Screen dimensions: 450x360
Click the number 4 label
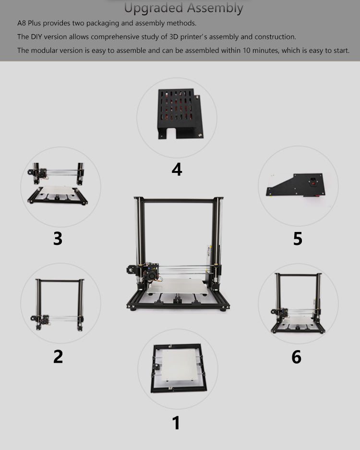pyautogui.click(x=177, y=169)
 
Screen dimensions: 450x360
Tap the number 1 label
pyautogui.click(x=176, y=423)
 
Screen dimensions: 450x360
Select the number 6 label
pyautogui.click(x=296, y=357)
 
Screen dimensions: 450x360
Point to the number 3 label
pyautogui.click(x=58, y=238)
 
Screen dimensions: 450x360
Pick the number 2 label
pyautogui.click(x=58, y=356)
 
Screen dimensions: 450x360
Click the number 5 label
pyautogui.click(x=298, y=238)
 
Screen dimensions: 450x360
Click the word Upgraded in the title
pyautogui.click(x=154, y=8)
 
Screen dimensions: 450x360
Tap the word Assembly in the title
pyautogui.click(x=215, y=8)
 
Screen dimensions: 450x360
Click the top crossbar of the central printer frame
pyautogui.click(x=178, y=200)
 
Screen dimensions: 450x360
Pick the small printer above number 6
pyautogui.click(x=298, y=303)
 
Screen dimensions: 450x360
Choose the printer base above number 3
pyautogui.click(x=58, y=196)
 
